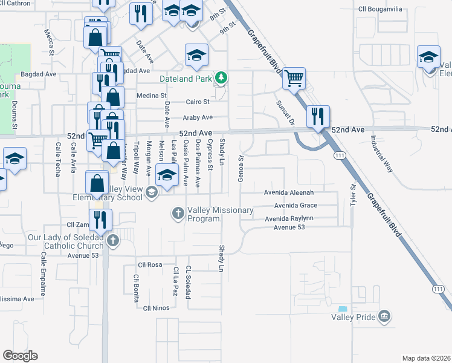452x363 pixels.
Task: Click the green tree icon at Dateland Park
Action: [x=222, y=77]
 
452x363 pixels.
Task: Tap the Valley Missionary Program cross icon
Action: [x=178, y=213]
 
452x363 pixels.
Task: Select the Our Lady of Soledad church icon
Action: [x=112, y=241]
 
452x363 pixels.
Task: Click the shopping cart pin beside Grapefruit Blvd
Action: [x=294, y=78]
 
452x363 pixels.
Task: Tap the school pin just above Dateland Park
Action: [x=196, y=56]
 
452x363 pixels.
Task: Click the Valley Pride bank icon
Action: [x=384, y=316]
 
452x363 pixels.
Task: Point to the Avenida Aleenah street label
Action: [x=289, y=192]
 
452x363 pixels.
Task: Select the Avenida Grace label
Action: [x=295, y=206]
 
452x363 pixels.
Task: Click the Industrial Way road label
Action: [x=381, y=154]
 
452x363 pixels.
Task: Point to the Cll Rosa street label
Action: [x=150, y=265]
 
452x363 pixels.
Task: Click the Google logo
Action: [x=20, y=355]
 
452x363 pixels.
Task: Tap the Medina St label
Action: [x=151, y=96]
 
